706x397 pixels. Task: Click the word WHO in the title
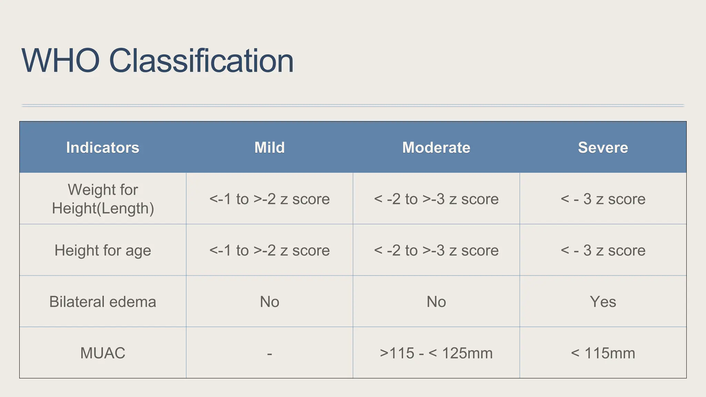click(x=61, y=61)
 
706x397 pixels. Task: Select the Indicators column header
click(x=103, y=147)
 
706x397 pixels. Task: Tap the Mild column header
click(x=270, y=147)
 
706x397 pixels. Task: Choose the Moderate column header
click(x=436, y=147)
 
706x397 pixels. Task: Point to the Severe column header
click(x=603, y=147)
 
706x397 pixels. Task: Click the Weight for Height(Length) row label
click(x=103, y=199)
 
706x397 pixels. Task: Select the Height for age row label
click(x=103, y=250)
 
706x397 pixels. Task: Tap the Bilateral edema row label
click(x=103, y=302)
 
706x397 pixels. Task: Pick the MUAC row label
click(x=103, y=353)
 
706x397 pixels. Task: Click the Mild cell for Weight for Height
click(x=270, y=199)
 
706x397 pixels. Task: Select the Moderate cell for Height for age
click(x=436, y=250)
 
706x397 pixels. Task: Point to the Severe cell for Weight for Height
click(x=603, y=199)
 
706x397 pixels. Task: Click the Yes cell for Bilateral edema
click(x=603, y=302)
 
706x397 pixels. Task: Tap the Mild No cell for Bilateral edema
click(x=270, y=302)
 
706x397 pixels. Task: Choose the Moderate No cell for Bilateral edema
click(x=436, y=302)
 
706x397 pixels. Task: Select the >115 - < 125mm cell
click(x=436, y=353)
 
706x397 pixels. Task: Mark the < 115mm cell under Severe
click(x=603, y=353)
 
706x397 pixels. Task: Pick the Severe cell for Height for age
click(x=603, y=250)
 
